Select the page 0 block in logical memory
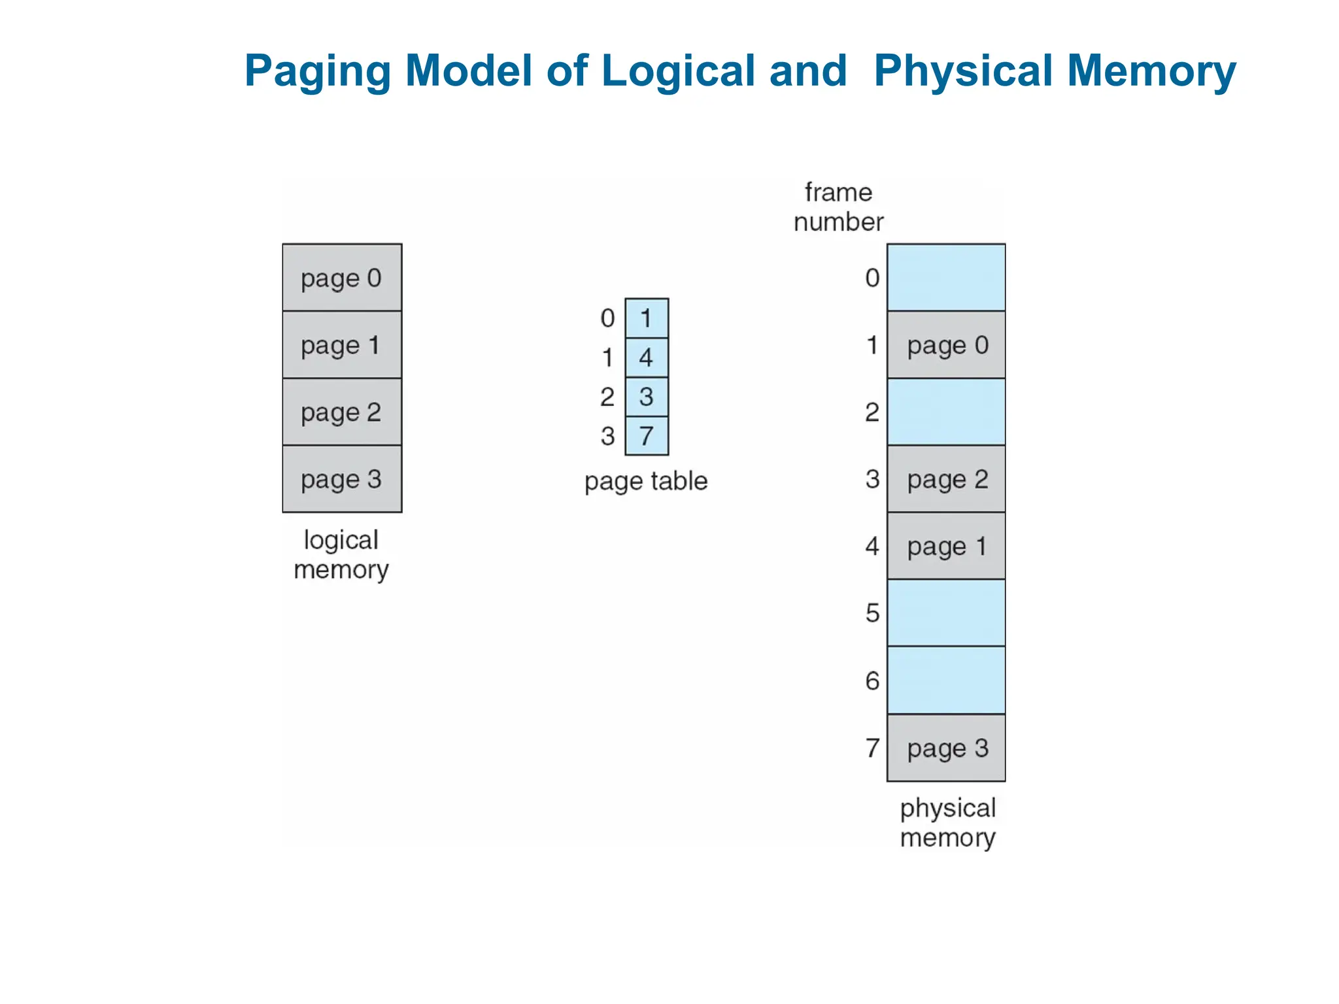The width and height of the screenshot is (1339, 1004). tap(341, 278)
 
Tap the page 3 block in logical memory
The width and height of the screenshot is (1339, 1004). tap(341, 479)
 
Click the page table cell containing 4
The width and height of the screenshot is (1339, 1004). tap(646, 358)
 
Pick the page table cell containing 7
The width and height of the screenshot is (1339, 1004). tap(646, 436)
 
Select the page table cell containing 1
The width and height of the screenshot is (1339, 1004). tap(646, 318)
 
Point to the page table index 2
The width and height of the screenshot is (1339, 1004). tap(607, 397)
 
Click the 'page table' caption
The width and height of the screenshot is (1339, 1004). tap(646, 481)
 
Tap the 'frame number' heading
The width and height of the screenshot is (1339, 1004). tap(838, 207)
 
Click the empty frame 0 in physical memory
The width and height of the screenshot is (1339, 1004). tap(945, 278)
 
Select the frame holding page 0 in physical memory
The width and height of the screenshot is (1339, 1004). tap(945, 345)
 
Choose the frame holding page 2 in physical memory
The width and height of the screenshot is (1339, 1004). tap(945, 479)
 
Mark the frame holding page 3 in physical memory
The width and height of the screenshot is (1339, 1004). tap(945, 748)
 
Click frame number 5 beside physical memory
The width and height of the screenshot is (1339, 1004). tap(872, 613)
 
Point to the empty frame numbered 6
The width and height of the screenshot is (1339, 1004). tap(945, 680)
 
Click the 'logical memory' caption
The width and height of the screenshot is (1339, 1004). tap(341, 555)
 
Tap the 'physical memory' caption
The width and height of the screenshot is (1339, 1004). tap(947, 823)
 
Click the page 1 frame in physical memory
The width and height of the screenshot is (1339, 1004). tap(945, 546)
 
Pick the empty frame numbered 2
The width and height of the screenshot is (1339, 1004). tap(945, 412)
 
